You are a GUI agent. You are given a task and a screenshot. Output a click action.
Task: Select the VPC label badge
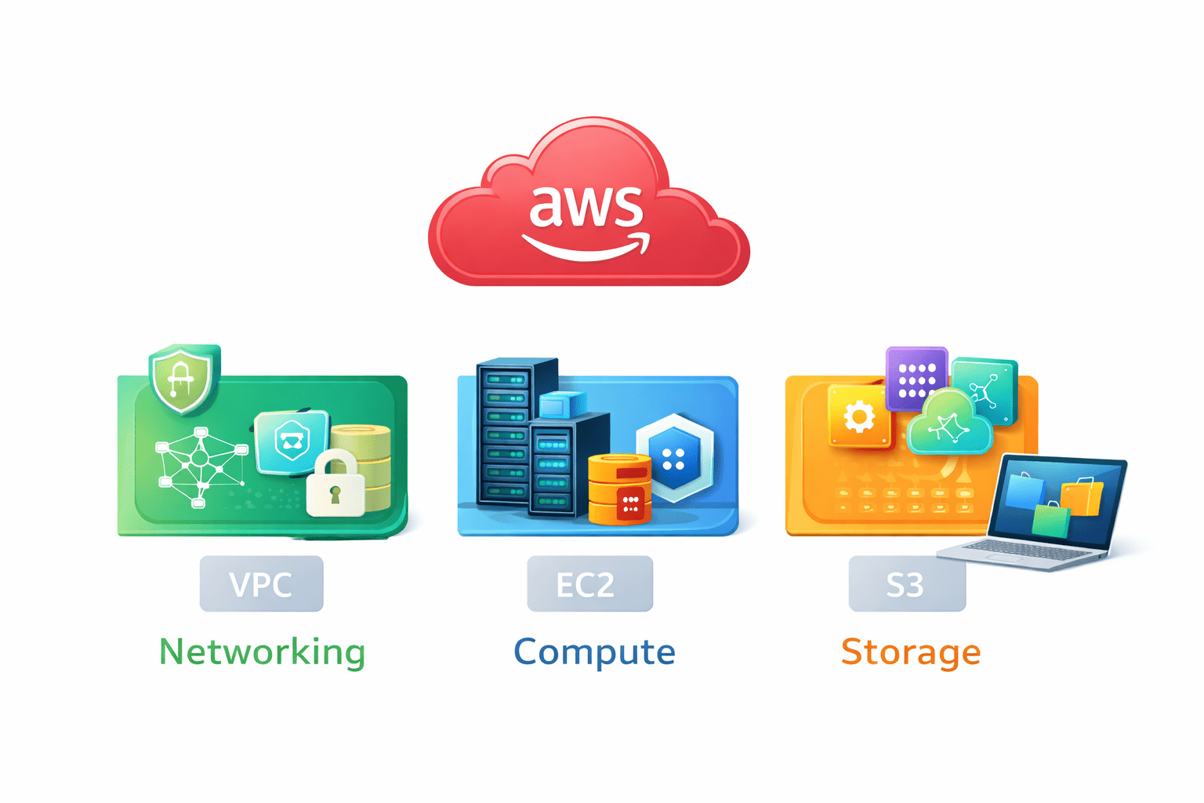[261, 584]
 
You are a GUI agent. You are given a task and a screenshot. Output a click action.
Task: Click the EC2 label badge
[589, 584]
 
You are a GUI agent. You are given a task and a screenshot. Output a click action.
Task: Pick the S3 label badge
[907, 584]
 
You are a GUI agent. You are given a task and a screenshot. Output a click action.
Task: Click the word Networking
[262, 652]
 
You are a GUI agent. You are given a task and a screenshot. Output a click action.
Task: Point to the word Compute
[594, 652]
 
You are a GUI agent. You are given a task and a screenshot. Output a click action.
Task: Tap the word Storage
[911, 652]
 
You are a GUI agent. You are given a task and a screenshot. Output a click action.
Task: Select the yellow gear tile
[859, 416]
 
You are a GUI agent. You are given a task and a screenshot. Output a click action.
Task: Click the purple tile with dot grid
[916, 378]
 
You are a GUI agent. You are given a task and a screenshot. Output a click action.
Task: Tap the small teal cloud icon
[949, 423]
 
